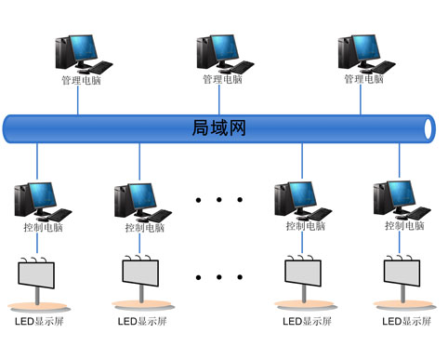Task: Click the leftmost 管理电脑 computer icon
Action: (x=82, y=54)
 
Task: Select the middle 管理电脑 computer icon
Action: (x=223, y=54)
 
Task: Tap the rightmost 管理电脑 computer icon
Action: (x=364, y=54)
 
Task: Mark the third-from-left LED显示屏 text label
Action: (x=306, y=322)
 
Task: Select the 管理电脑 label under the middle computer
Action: (x=222, y=80)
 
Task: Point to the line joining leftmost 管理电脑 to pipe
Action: (x=78, y=99)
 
